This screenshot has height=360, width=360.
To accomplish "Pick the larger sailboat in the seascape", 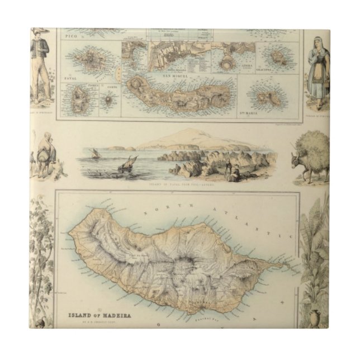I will [x=129, y=163].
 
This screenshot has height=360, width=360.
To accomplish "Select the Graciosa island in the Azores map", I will [x=273, y=58].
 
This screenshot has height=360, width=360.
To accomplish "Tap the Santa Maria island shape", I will [x=263, y=98].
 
